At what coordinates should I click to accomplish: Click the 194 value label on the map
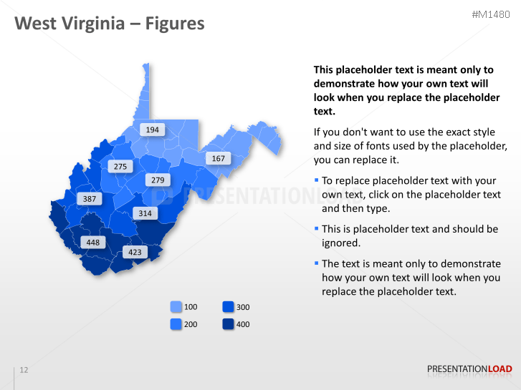153,130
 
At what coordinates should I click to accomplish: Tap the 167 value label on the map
218,158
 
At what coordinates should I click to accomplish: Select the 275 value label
120,167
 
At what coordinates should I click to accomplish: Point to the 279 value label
158,180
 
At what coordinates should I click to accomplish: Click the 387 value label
90,198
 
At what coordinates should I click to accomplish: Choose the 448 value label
93,243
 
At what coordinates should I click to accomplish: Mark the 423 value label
135,252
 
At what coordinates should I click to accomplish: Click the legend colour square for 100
176,307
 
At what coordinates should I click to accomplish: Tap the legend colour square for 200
176,324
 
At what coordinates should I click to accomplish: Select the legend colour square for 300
228,307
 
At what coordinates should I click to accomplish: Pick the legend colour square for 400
228,324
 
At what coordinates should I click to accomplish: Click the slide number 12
24,370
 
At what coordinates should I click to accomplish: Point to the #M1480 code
492,14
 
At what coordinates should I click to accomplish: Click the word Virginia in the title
88,24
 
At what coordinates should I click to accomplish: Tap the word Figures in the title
175,24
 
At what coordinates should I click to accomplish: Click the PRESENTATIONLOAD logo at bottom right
469,369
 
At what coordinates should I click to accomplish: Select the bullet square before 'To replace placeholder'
316,180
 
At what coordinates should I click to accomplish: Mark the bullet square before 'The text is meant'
316,263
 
